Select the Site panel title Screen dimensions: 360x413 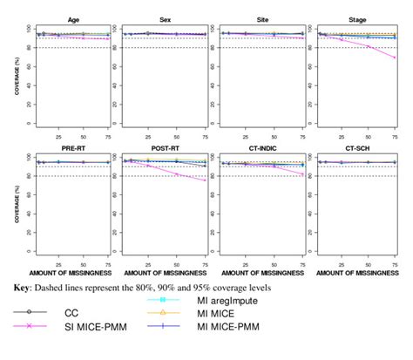(x=259, y=17)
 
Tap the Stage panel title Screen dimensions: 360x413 (x=352, y=17)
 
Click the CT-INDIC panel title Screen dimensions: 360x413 (x=259, y=148)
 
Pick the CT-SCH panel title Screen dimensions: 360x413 (x=352, y=148)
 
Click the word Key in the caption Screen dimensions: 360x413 (x=24, y=286)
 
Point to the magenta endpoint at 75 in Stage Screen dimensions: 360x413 (x=395, y=58)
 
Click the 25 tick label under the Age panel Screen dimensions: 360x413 (x=58, y=136)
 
